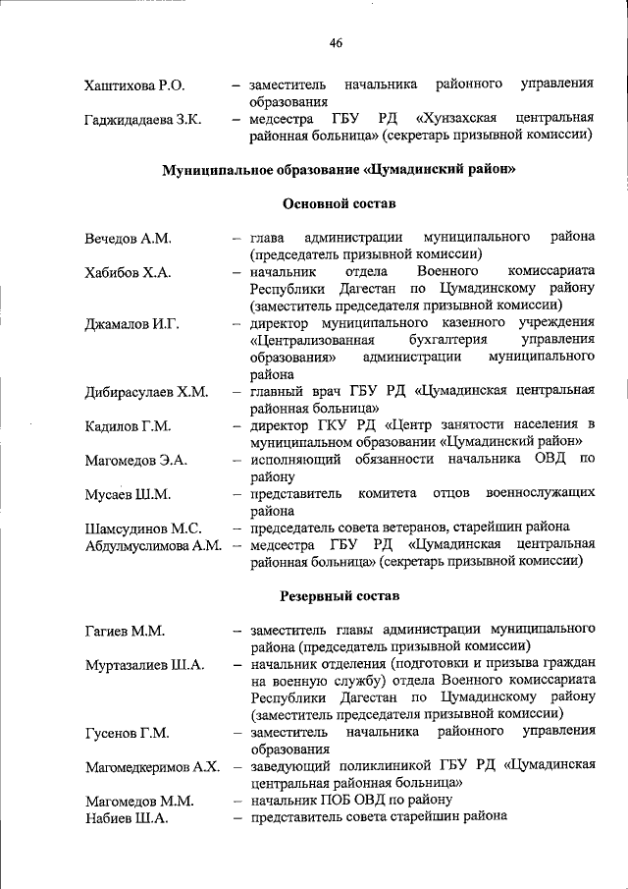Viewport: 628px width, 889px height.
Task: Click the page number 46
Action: click(336, 42)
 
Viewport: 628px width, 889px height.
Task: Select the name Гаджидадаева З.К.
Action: click(143, 120)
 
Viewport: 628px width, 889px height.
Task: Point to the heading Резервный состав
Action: click(339, 595)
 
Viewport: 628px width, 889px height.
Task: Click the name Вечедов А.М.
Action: click(128, 239)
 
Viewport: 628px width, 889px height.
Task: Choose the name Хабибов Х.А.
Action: click(128, 272)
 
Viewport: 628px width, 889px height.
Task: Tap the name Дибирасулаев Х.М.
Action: click(146, 392)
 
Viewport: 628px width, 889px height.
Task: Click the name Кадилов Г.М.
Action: click(128, 426)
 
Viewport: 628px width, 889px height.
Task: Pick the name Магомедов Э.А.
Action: click(135, 460)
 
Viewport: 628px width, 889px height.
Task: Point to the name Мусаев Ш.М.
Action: click(128, 494)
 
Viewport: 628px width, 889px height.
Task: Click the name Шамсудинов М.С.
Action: click(143, 528)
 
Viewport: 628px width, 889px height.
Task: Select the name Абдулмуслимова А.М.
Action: click(152, 545)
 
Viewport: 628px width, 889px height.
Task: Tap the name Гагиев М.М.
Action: click(124, 630)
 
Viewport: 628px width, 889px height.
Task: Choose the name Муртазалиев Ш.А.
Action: click(144, 664)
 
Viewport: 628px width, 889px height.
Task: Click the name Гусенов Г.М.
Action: click(127, 733)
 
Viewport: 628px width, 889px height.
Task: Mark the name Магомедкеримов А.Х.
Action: click(151, 766)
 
